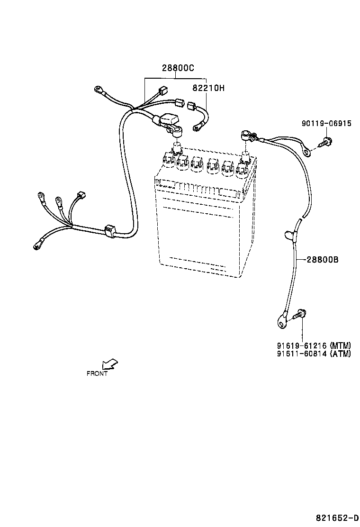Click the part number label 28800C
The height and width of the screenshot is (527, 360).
click(178, 68)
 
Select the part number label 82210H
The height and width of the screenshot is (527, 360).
click(208, 88)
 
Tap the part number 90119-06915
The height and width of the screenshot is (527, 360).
click(326, 124)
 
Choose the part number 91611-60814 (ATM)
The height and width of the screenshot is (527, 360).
click(314, 354)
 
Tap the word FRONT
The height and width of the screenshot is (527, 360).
click(97, 373)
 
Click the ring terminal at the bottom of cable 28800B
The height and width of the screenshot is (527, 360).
click(281, 323)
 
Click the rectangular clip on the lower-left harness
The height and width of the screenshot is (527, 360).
click(110, 231)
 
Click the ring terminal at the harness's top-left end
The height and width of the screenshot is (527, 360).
click(99, 89)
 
